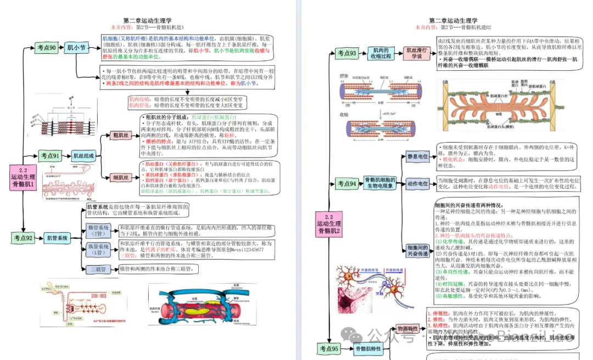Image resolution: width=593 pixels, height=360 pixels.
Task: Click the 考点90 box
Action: pyautogui.click(x=47, y=48)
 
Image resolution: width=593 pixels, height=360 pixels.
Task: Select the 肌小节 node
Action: pyautogui.click(x=76, y=48)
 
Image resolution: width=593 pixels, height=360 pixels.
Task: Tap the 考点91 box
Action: pyautogui.click(x=50, y=156)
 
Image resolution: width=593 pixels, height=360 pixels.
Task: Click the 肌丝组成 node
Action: pyautogui.click(x=85, y=156)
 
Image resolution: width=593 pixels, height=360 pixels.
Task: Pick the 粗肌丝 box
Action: pyautogui.click(x=120, y=135)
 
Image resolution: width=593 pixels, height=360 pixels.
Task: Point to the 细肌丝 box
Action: pyautogui.click(x=120, y=177)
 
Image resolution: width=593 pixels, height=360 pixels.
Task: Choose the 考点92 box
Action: pyautogui.click(x=23, y=238)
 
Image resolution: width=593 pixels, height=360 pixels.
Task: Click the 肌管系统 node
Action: pyautogui.click(x=58, y=238)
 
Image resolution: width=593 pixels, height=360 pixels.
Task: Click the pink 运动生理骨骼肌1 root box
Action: pyautogui.click(x=23, y=177)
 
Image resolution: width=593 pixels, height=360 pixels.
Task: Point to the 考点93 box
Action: pyautogui.click(x=346, y=53)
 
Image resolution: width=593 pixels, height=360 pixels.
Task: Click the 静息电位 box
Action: pyautogui.click(x=417, y=157)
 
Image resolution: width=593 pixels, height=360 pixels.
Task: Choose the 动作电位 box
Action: pyautogui.click(x=417, y=184)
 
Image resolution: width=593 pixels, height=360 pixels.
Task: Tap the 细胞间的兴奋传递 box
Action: pyautogui.click(x=417, y=250)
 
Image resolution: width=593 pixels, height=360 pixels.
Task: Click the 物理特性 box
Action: pyautogui.click(x=407, y=329)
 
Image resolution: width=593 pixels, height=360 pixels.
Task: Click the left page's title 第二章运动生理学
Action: pyautogui.click(x=147, y=20)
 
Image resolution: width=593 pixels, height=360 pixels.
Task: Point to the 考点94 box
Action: pyautogui.click(x=346, y=183)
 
